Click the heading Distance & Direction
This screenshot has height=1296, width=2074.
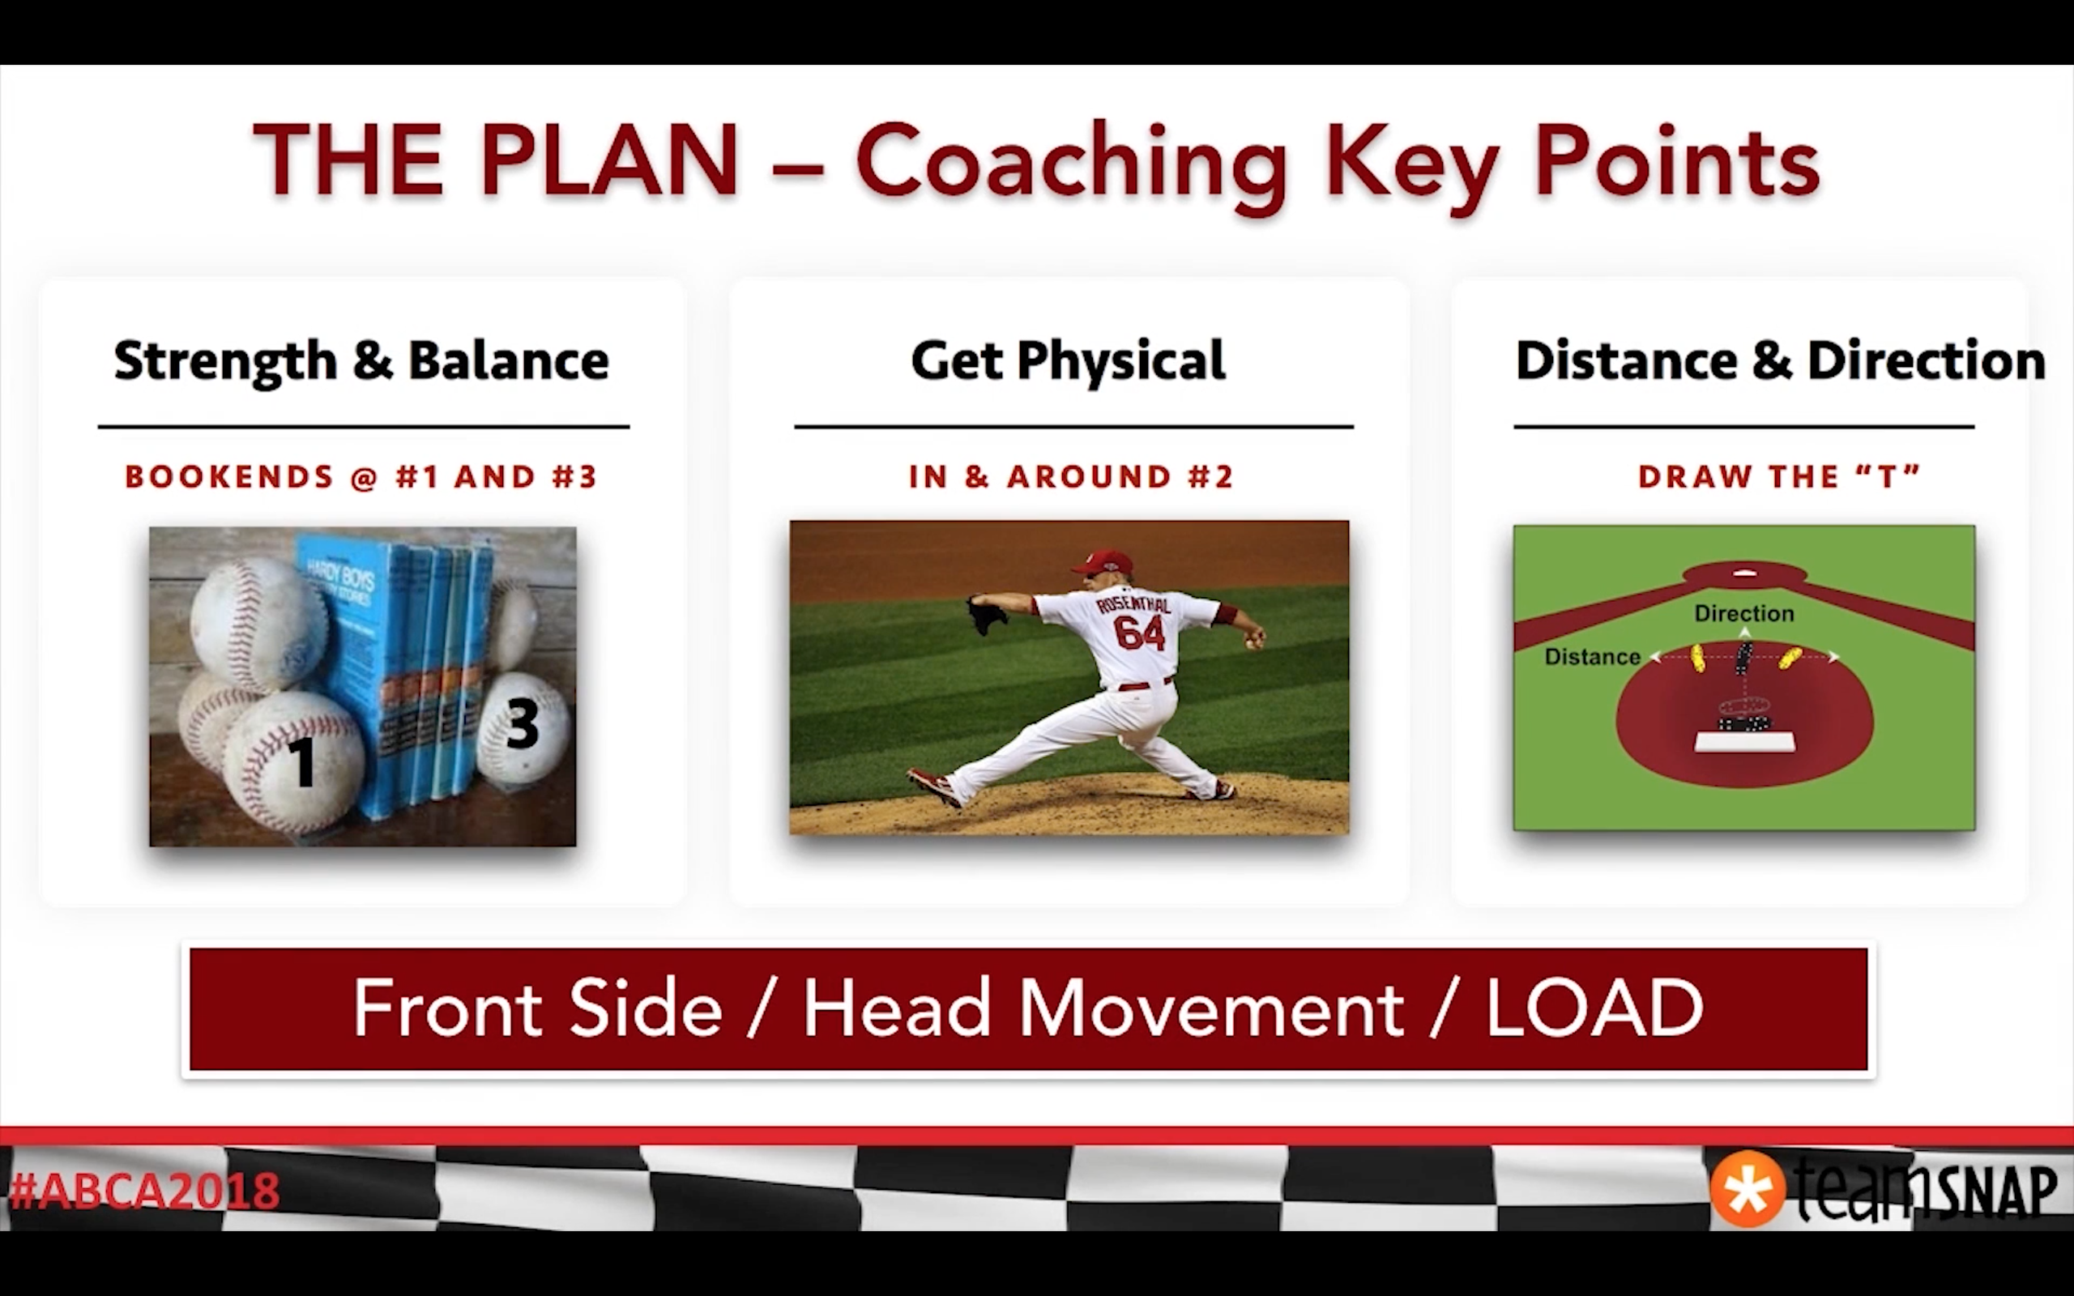(1781, 360)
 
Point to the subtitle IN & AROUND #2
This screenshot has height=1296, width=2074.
(1071, 476)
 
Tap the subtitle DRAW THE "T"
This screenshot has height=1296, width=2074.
(1779, 476)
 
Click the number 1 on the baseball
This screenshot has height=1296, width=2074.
(301, 761)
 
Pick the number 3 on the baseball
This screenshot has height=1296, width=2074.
(522, 723)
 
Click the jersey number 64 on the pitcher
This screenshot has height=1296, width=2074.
(1139, 633)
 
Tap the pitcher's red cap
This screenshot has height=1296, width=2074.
(1101, 561)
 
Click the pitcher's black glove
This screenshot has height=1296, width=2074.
(987, 615)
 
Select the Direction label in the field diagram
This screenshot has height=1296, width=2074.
(1744, 614)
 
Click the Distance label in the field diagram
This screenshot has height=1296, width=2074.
(1592, 658)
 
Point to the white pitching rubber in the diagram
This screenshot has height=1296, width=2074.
(1745, 741)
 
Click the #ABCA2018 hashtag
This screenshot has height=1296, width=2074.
(144, 1191)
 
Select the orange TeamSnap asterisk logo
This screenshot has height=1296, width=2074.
(1747, 1190)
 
